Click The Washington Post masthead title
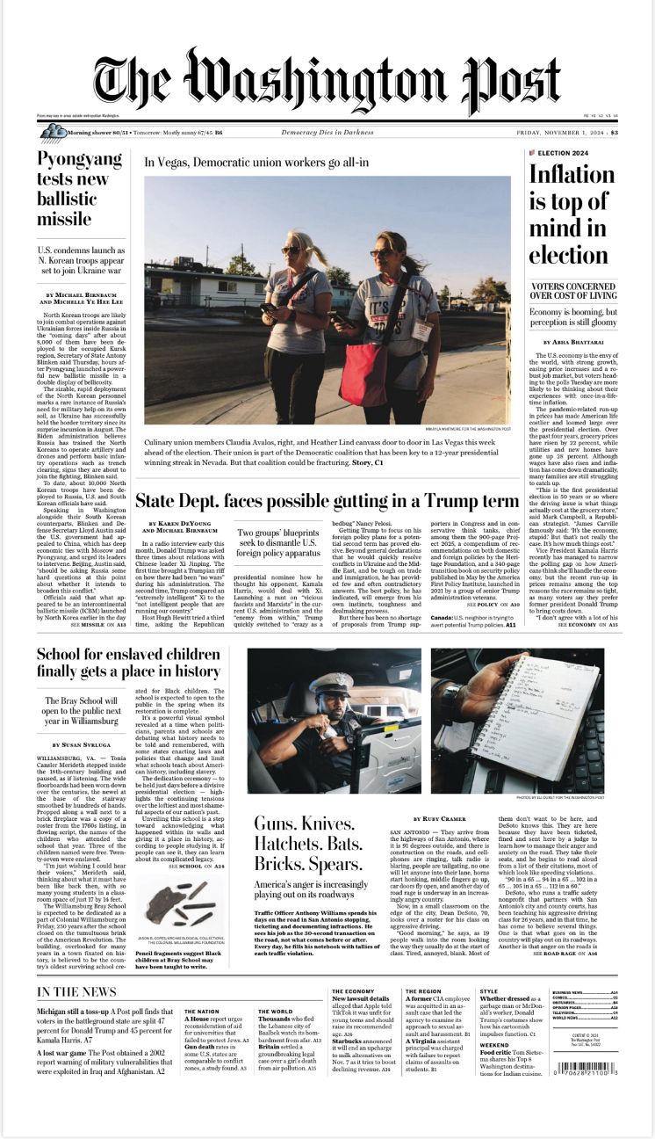(327, 79)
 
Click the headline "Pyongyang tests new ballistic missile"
(78, 190)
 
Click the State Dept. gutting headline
(327, 502)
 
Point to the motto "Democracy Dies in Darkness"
(327, 133)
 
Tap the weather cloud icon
(53, 133)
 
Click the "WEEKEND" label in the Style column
(493, 1069)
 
